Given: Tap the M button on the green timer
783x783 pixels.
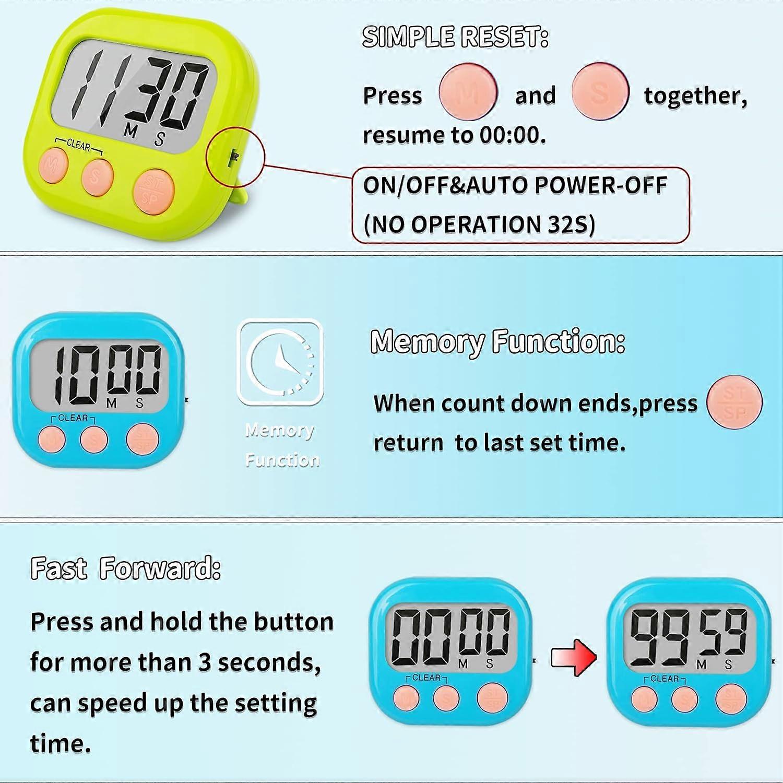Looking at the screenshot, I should (x=53, y=165).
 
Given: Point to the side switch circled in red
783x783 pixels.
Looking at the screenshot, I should (x=234, y=156).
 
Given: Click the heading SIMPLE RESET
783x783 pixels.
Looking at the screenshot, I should (x=455, y=37).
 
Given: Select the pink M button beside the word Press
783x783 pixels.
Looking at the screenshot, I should (x=468, y=92).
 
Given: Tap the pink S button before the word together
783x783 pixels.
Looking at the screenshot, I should (x=600, y=92).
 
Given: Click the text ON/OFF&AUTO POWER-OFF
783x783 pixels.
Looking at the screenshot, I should (x=515, y=185).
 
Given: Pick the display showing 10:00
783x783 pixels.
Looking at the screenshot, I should (x=100, y=375).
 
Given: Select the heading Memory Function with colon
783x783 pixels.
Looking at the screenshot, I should (x=497, y=342).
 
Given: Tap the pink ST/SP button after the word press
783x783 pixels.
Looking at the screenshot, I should (x=734, y=402).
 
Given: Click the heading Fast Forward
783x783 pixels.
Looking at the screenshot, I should (x=125, y=568).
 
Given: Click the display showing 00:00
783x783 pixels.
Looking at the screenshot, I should (x=450, y=635).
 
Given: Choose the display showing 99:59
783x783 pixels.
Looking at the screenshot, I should (x=689, y=637).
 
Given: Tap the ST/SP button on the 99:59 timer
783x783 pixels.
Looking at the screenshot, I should (x=731, y=699).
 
